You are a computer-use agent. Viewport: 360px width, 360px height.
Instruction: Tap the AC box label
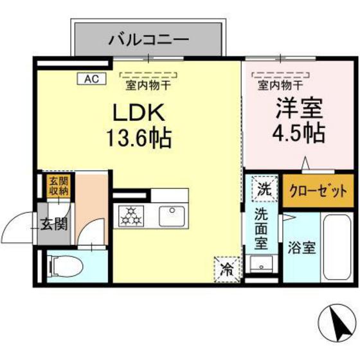click(x=90, y=79)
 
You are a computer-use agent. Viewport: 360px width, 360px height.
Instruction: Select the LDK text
click(x=140, y=114)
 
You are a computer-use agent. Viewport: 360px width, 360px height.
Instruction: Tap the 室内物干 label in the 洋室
click(x=281, y=83)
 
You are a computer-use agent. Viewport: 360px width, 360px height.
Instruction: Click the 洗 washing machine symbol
click(x=264, y=189)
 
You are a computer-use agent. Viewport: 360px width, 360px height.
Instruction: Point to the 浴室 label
click(x=301, y=246)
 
